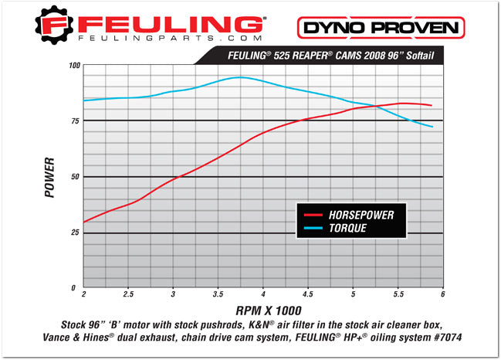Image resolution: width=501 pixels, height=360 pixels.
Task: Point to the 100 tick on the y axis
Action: (74, 66)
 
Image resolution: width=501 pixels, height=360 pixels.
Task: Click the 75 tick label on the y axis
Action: (75, 121)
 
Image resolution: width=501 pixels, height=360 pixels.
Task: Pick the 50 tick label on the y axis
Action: (75, 177)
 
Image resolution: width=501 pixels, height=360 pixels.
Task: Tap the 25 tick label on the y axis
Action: (75, 233)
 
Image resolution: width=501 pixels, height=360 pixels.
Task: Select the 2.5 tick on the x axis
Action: (127, 294)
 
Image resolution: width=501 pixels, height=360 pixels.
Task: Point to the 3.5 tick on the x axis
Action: (218, 294)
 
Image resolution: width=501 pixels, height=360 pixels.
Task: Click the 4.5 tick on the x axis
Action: (307, 294)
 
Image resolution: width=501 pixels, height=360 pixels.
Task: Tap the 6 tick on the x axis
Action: (442, 294)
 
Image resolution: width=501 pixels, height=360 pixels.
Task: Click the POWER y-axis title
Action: (50, 178)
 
